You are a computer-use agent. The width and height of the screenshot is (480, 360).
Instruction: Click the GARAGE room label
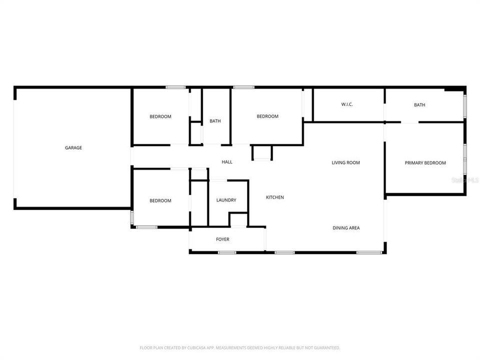click(73, 147)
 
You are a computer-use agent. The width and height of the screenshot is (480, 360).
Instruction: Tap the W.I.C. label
click(347, 104)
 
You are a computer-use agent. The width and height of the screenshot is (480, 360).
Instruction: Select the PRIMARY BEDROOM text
click(425, 162)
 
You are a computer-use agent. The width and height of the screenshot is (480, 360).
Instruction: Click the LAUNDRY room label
click(226, 200)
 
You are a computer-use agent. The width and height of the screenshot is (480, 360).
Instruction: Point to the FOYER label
click(222, 239)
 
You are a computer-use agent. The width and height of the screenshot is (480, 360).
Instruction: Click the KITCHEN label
click(274, 197)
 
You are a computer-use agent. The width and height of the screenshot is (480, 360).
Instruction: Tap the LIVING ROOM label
click(345, 162)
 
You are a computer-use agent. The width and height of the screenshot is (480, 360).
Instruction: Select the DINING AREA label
click(346, 227)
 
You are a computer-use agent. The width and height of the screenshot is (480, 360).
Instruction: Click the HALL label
click(227, 161)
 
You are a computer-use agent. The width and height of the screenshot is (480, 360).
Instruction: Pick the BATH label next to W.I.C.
click(419, 104)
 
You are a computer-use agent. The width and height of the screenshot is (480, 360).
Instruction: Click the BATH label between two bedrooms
click(215, 121)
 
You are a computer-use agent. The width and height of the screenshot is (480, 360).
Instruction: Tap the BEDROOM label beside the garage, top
click(160, 116)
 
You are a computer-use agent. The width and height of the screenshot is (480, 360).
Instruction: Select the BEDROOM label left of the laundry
click(160, 200)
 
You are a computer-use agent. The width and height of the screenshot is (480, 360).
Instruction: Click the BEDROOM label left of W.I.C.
click(267, 116)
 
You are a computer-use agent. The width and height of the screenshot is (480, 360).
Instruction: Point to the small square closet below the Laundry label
click(238, 220)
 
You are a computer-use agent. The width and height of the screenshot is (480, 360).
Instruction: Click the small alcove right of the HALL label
click(262, 152)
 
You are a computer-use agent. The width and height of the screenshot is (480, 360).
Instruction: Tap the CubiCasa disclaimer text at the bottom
click(240, 347)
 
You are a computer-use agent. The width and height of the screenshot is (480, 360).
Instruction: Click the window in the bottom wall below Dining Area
click(369, 252)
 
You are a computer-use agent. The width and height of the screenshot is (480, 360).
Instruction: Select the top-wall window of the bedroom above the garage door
click(175, 87)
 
